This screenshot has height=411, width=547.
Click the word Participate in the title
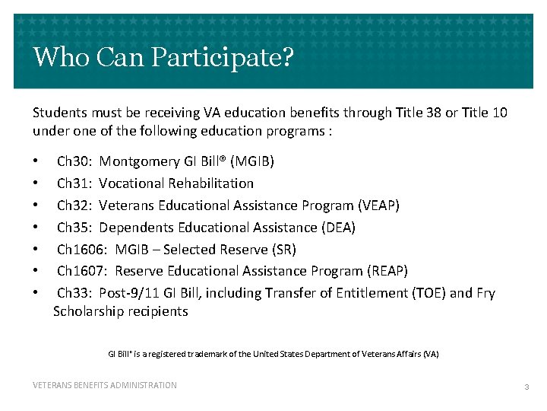point(231,58)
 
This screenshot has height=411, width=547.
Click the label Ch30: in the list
point(74,161)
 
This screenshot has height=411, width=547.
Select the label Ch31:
point(74,183)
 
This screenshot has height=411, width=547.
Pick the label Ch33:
point(74,294)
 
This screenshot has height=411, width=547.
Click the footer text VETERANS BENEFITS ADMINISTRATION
point(105,386)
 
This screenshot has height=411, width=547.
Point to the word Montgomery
point(139,161)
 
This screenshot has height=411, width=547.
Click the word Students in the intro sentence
point(58,113)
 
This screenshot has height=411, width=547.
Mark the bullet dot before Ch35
point(35,228)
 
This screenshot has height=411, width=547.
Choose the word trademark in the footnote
point(213,355)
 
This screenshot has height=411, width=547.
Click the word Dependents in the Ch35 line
point(134,228)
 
